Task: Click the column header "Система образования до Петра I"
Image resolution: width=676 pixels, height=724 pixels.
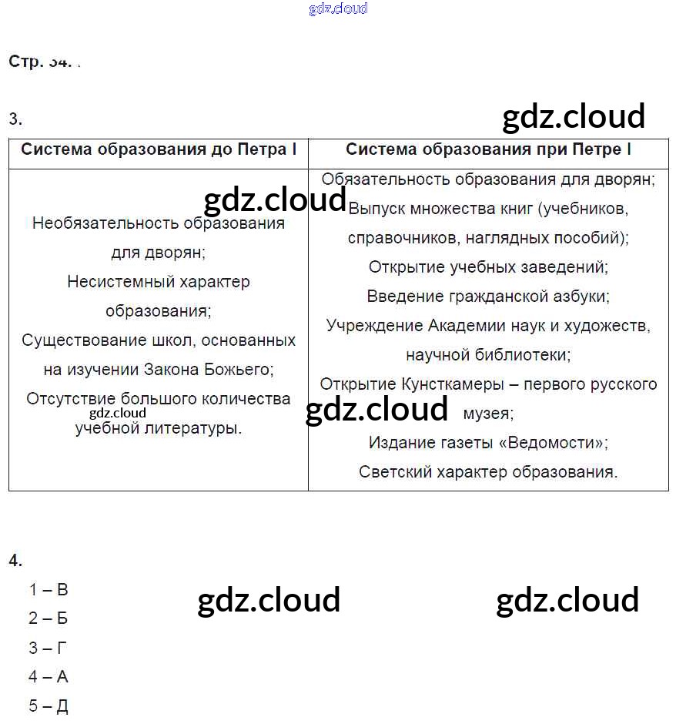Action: (x=159, y=149)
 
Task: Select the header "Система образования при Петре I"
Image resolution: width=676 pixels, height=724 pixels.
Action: (x=488, y=149)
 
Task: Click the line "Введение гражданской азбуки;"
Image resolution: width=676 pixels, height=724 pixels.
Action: (x=488, y=296)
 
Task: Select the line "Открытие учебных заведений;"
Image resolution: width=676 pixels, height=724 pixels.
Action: (x=488, y=266)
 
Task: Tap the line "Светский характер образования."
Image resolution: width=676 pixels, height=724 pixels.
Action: (x=488, y=471)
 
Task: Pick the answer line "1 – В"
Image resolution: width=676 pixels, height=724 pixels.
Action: (x=49, y=590)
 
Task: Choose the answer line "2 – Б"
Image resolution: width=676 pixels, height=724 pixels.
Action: (x=49, y=618)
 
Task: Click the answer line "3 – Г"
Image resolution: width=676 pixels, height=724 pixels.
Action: (x=49, y=648)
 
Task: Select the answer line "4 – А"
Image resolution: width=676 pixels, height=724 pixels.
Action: (x=49, y=677)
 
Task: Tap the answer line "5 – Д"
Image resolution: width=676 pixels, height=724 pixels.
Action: (x=49, y=706)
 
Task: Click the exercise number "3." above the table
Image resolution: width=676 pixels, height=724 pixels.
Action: (x=15, y=119)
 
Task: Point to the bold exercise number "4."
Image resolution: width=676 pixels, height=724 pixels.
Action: (x=15, y=561)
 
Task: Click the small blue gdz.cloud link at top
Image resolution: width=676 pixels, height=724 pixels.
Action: (x=338, y=8)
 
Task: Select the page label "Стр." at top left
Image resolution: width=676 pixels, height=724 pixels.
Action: (x=26, y=62)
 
